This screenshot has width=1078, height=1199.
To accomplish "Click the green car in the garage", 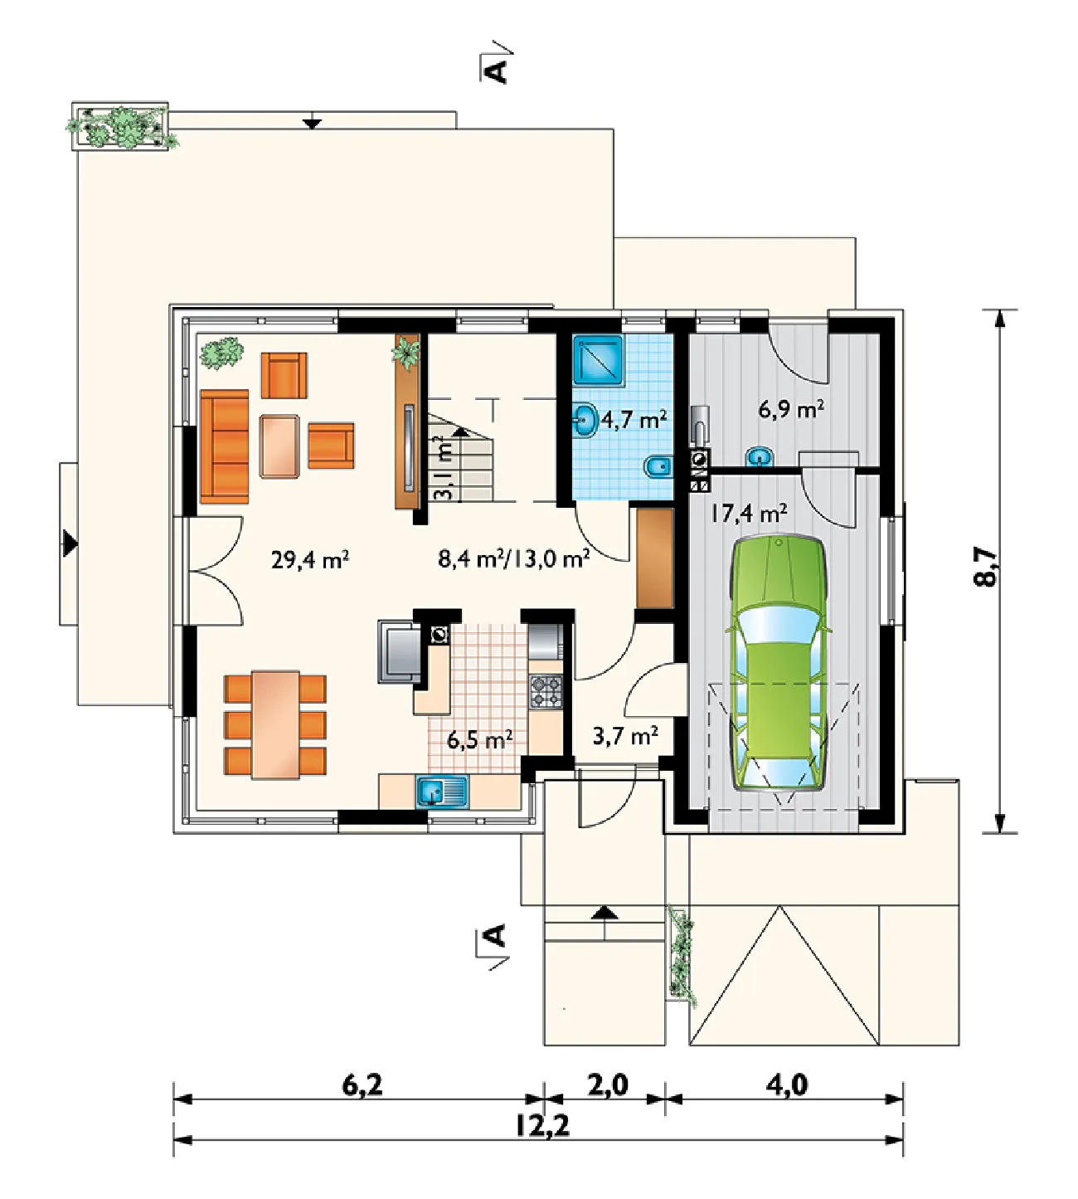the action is tap(779, 664).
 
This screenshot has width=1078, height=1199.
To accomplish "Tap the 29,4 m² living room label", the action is tap(310, 560).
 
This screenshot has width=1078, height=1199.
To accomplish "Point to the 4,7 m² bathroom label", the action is tap(634, 420).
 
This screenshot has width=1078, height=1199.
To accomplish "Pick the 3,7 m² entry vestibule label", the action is tap(625, 735).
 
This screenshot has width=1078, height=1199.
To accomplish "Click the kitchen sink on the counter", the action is tap(442, 792).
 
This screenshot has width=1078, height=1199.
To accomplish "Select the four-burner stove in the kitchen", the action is tap(546, 691).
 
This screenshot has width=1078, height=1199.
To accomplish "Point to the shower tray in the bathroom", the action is tap(598, 359).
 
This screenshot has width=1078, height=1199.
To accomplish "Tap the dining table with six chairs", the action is tap(275, 724).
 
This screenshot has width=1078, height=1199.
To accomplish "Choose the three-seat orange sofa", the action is tap(225, 446).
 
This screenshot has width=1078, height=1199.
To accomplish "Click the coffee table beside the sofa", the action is tap(279, 446).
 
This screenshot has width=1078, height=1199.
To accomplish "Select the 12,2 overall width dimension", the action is tap(542, 1126).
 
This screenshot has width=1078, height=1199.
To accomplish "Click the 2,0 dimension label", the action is tap(608, 1084).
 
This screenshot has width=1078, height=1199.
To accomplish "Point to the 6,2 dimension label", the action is tap(362, 1084).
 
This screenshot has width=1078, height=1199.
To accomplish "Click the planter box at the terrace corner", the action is tap(120, 126).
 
